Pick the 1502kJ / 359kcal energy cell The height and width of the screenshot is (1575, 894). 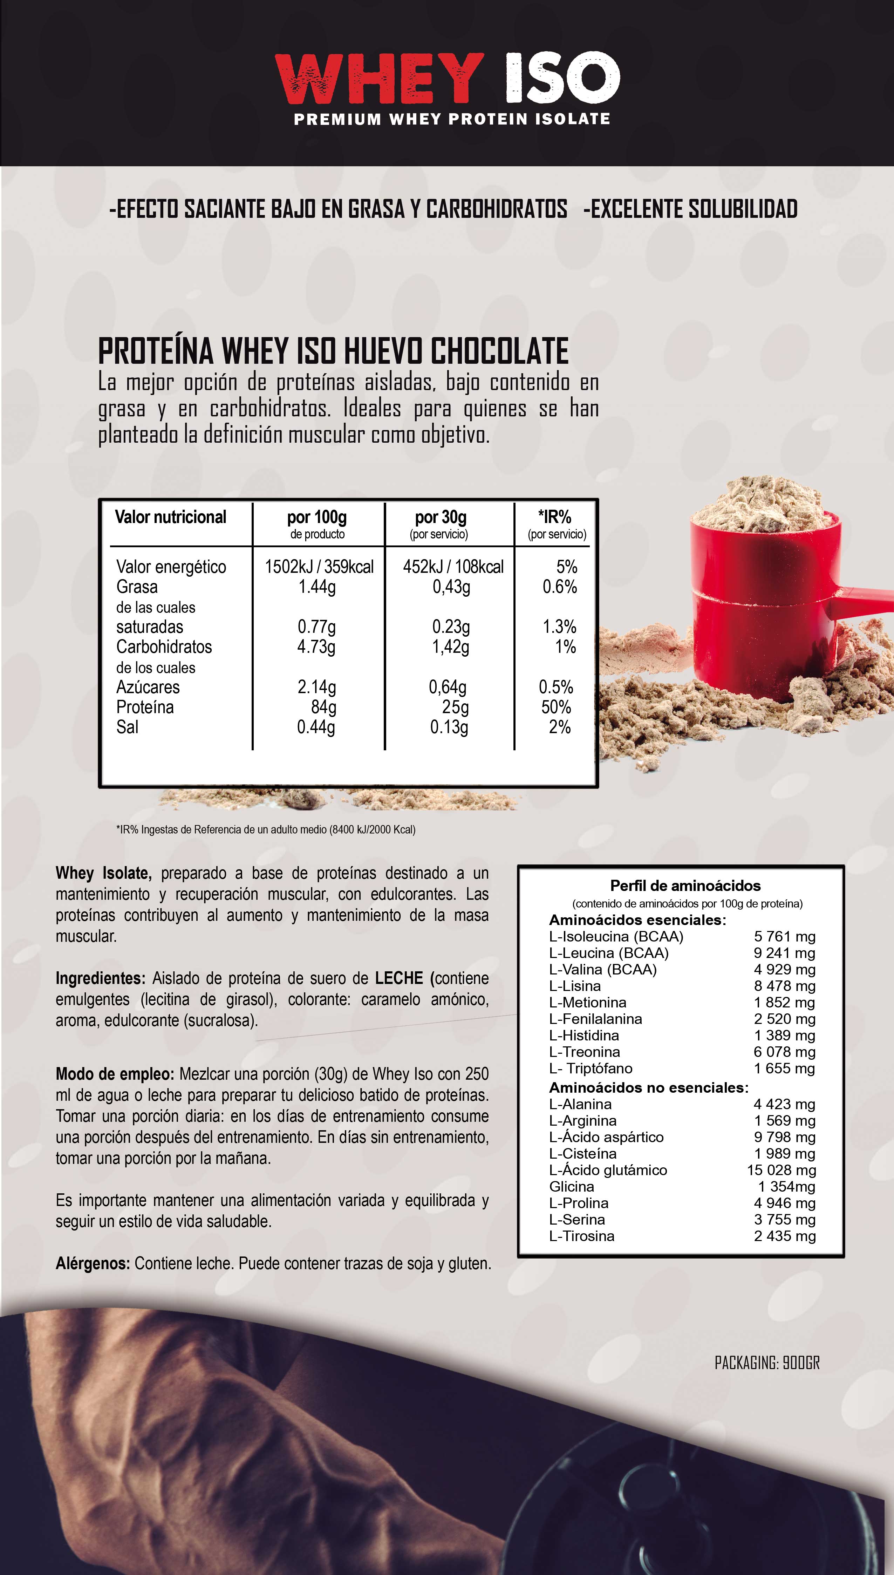[x=319, y=567]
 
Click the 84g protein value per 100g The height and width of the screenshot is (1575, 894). [x=323, y=707]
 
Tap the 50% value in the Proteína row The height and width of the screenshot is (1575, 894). [x=556, y=707]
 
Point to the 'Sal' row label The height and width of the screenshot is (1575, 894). [x=128, y=727]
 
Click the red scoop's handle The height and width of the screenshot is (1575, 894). [x=866, y=596]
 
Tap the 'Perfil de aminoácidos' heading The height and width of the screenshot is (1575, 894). [x=685, y=885]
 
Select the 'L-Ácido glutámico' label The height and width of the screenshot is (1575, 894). [x=608, y=1170]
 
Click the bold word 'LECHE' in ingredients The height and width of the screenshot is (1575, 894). [x=399, y=978]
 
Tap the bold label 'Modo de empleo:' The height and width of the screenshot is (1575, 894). [x=115, y=1074]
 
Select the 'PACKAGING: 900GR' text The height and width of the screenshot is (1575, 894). [x=767, y=1363]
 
